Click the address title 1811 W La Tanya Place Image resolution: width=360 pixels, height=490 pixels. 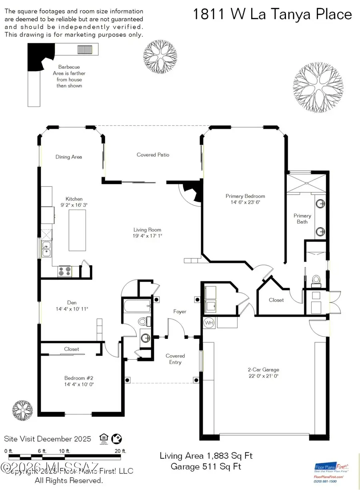(x=272, y=14)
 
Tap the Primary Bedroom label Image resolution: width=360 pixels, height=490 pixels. (x=245, y=196)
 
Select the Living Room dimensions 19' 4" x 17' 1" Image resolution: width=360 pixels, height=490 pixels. (x=147, y=236)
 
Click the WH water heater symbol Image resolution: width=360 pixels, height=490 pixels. (x=209, y=322)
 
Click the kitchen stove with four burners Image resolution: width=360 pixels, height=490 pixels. (x=65, y=272)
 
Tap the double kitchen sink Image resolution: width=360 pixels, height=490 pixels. (x=46, y=249)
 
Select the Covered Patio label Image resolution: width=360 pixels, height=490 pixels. (x=153, y=155)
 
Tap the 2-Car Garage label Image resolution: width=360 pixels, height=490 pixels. (x=263, y=370)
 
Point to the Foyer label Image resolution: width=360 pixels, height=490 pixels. (x=180, y=311)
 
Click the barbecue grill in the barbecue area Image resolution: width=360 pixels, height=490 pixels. (x=85, y=50)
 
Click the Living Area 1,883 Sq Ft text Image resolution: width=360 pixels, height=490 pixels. (x=206, y=456)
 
